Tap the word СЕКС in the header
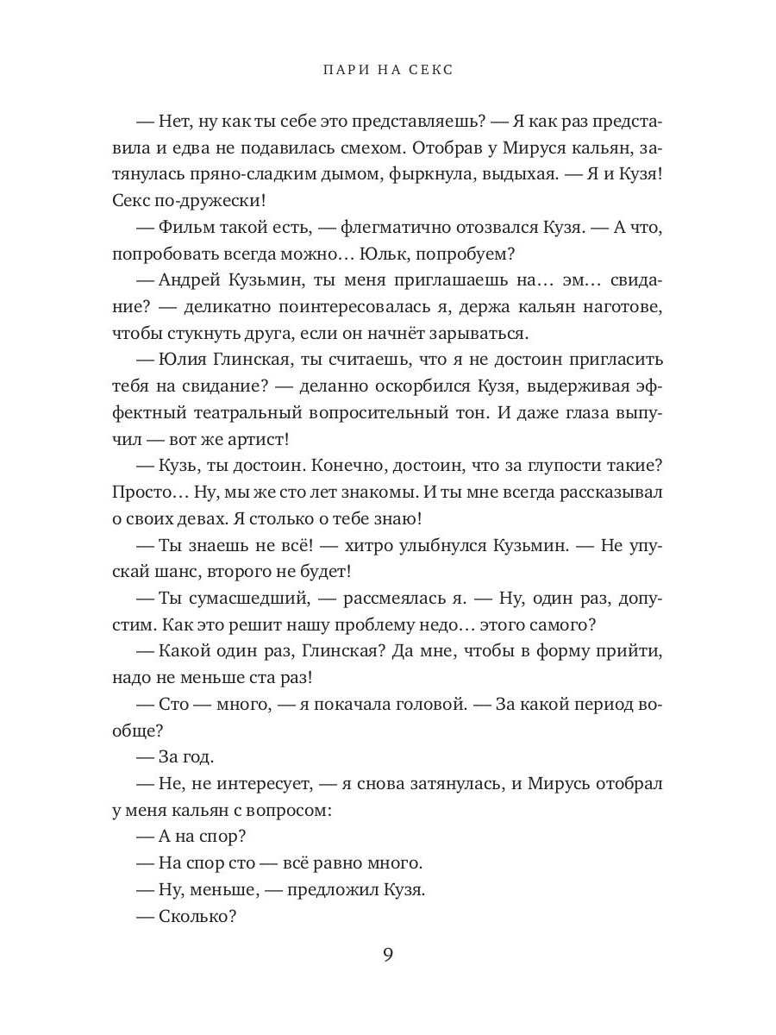[428, 70]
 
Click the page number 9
[388, 955]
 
